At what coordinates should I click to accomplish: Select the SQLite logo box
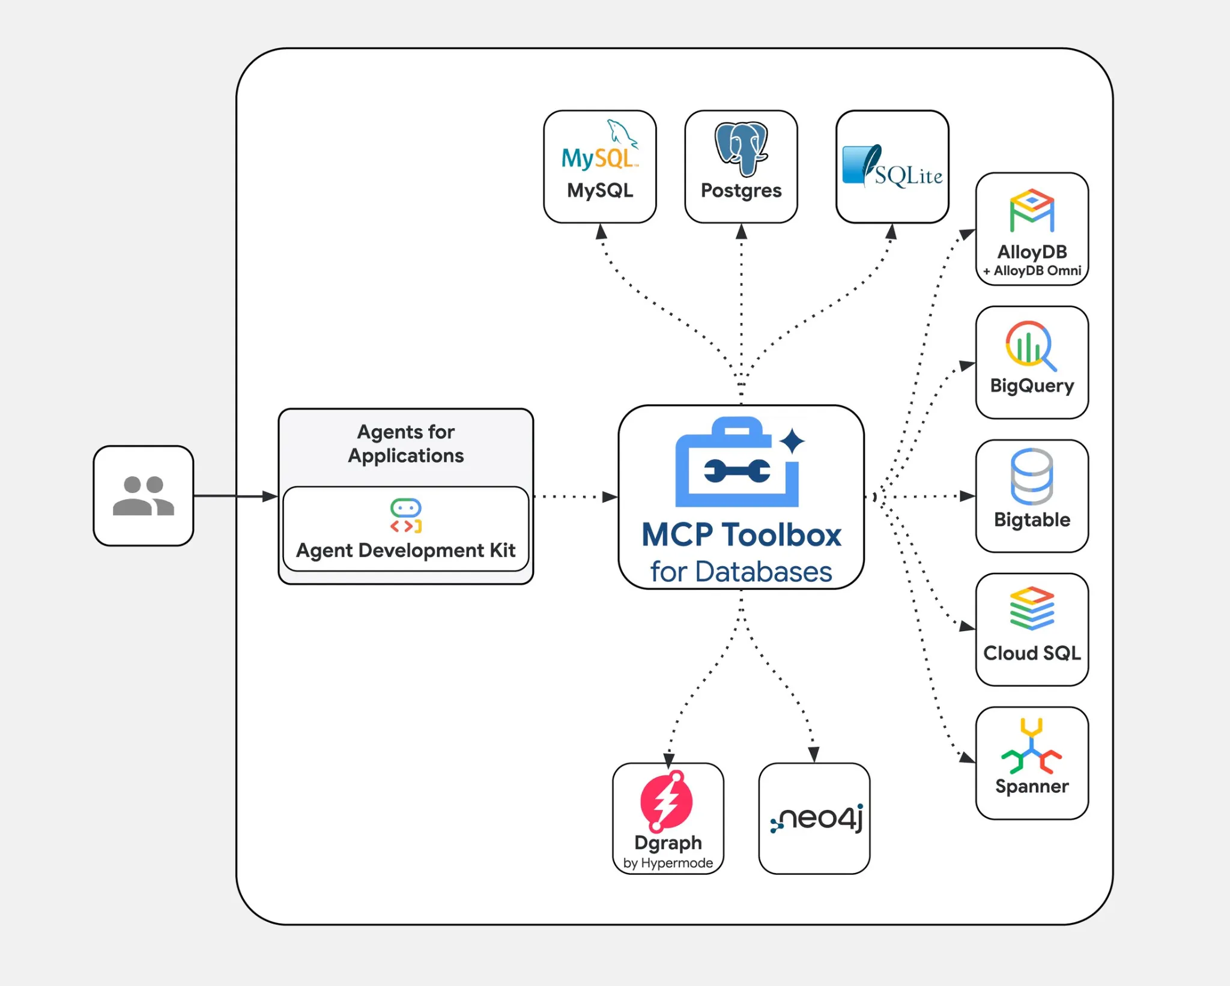tap(892, 166)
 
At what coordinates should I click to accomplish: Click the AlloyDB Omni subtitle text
tap(1032, 271)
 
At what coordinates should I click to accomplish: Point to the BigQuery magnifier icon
tap(1031, 345)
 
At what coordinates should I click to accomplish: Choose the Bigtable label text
tap(1032, 519)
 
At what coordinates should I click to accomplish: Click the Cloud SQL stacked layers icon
tap(1032, 608)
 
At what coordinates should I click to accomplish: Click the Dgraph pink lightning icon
tap(666, 801)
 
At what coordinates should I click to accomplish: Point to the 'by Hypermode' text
tap(668, 863)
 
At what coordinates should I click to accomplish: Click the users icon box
tap(144, 496)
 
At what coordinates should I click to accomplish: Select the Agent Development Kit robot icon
tap(406, 516)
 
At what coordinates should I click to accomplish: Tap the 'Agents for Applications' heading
tap(406, 444)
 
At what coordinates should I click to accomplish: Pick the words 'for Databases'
tap(741, 572)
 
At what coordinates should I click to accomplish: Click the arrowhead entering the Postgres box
tap(741, 231)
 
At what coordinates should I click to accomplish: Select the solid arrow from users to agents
tap(234, 496)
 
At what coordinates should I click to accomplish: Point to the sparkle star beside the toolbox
tap(792, 441)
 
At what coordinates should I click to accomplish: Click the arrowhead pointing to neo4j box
tap(814, 754)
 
